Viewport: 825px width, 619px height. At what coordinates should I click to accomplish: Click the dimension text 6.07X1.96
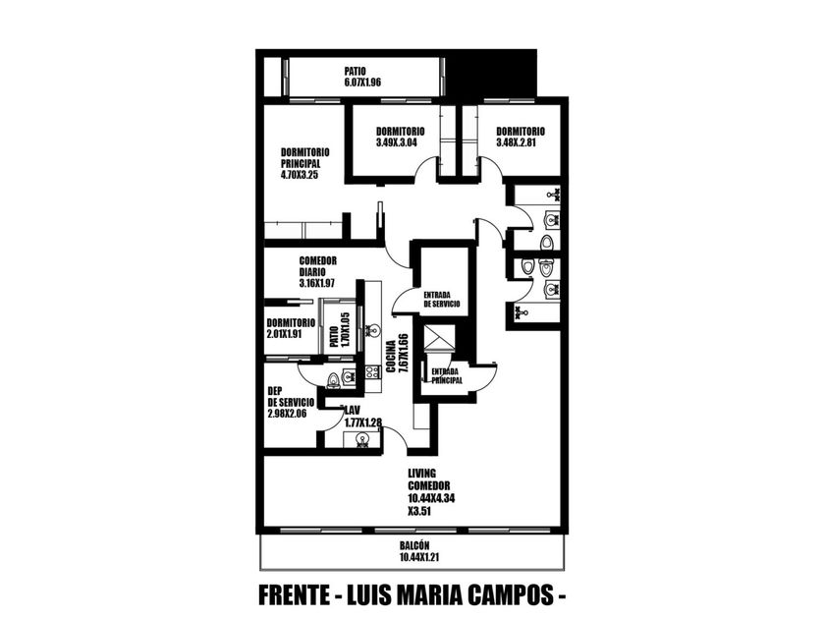[x=362, y=83]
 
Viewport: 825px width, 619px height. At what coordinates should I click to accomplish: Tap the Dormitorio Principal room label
[x=305, y=158]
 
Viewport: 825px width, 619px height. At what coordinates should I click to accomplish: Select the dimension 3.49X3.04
[x=397, y=142]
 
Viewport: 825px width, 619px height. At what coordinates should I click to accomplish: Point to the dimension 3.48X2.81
[x=517, y=142]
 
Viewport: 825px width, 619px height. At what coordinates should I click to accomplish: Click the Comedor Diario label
[x=318, y=266]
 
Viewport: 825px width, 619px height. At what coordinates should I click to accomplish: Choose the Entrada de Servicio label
[x=441, y=300]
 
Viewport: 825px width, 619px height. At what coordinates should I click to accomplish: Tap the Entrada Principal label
[x=447, y=375]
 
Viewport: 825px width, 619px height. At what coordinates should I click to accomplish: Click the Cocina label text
[x=391, y=357]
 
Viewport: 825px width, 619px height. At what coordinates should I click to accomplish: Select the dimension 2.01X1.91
[x=284, y=334]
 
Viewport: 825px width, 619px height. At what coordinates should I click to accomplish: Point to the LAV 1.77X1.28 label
[x=362, y=416]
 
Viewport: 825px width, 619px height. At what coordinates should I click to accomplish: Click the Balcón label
[x=414, y=546]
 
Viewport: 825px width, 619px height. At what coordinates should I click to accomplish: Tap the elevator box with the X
[x=439, y=337]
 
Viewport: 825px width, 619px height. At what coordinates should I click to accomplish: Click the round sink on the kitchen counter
[x=373, y=330]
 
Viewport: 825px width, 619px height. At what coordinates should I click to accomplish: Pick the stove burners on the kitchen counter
[x=372, y=372]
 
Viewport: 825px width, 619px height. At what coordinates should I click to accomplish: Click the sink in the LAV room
[x=361, y=439]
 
